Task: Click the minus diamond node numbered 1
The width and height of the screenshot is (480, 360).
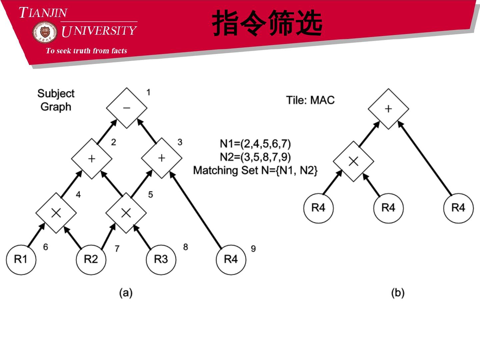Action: click(x=127, y=108)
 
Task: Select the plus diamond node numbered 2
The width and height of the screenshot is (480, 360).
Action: click(x=92, y=159)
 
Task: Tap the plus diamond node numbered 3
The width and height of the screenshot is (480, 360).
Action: click(x=162, y=158)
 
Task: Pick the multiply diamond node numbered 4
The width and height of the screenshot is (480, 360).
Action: click(x=56, y=213)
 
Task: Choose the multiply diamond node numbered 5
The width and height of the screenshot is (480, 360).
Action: click(x=126, y=213)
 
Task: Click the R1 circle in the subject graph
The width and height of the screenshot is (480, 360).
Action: click(x=21, y=259)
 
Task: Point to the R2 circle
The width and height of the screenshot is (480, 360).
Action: click(x=91, y=259)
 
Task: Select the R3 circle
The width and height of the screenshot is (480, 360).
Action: click(x=161, y=259)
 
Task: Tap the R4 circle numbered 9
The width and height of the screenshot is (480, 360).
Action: click(x=231, y=259)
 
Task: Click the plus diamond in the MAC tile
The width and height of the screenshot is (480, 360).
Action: click(x=388, y=109)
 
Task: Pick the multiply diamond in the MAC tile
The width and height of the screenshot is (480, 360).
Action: click(x=353, y=161)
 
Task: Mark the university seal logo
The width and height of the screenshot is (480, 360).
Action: click(x=45, y=32)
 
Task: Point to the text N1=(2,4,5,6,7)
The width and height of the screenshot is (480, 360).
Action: click(x=255, y=144)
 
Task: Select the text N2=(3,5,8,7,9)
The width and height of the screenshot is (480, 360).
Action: click(x=255, y=157)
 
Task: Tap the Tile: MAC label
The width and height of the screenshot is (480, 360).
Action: click(x=310, y=100)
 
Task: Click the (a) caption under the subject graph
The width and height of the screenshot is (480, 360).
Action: click(x=126, y=293)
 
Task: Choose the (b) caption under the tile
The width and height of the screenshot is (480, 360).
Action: click(x=398, y=293)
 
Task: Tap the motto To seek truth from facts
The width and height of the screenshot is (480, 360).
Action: click(x=86, y=51)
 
